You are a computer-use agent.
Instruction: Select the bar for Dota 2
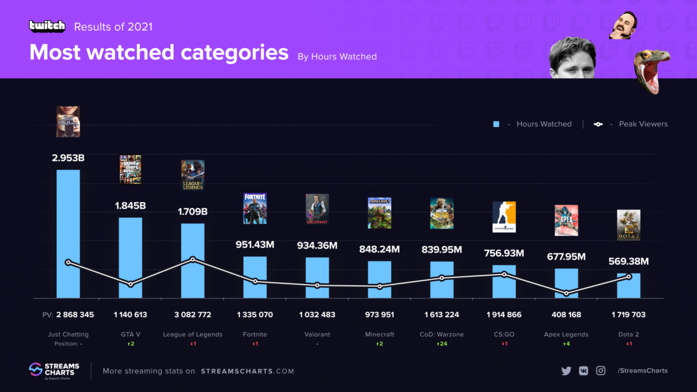click(628, 285)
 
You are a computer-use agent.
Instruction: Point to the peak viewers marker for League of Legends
click(193, 260)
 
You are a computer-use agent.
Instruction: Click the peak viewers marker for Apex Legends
click(566, 293)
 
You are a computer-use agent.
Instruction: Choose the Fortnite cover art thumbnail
click(255, 208)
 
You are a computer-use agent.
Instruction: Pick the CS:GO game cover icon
click(504, 217)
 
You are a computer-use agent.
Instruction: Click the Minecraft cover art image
click(379, 213)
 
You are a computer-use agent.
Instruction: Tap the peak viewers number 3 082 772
click(192, 315)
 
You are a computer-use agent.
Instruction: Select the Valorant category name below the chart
click(317, 335)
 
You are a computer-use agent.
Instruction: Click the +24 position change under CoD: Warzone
click(441, 344)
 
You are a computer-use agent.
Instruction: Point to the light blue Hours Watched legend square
click(497, 124)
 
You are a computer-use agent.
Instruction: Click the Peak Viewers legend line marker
click(598, 124)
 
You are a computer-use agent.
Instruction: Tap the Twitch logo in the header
click(47, 26)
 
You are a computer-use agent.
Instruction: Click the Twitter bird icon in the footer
click(566, 371)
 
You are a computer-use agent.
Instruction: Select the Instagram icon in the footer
click(601, 371)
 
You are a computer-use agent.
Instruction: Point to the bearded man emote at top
click(624, 24)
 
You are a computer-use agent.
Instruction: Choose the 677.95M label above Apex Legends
click(566, 257)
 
